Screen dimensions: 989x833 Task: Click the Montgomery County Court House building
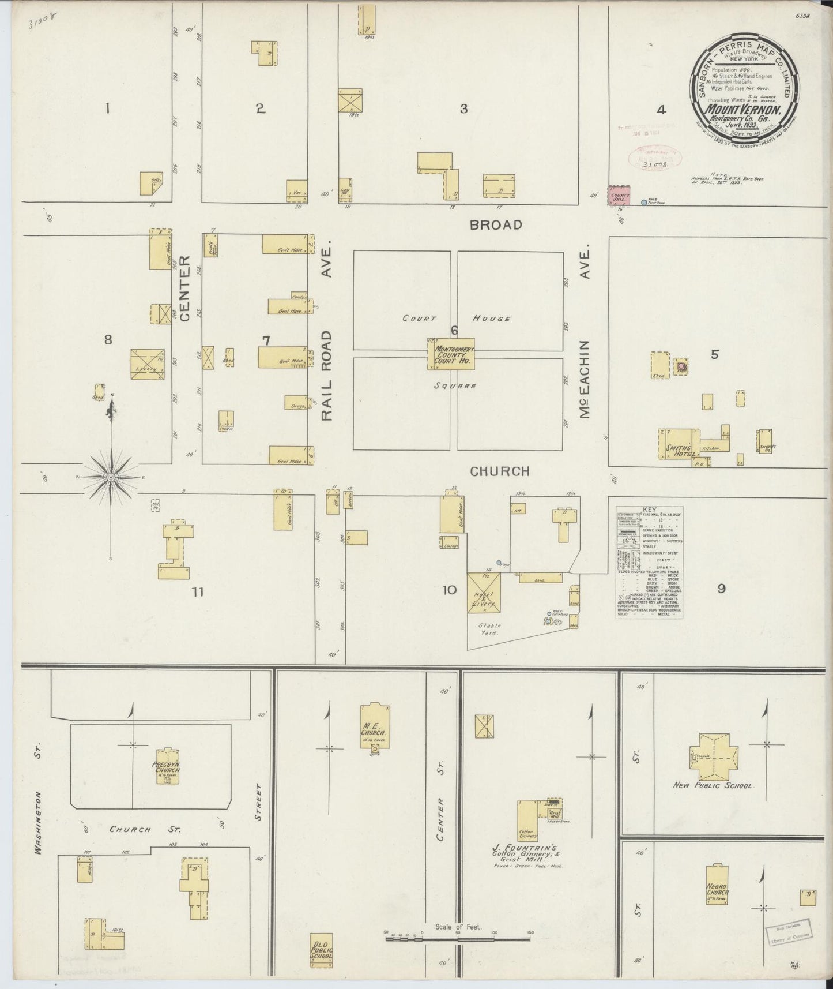pyautogui.click(x=451, y=354)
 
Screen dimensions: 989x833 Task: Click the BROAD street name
pyautogui.click(x=496, y=225)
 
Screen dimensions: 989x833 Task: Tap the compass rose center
pyautogui.click(x=111, y=478)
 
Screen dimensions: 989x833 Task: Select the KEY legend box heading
pyautogui.click(x=650, y=510)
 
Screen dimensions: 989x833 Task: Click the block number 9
pyautogui.click(x=721, y=589)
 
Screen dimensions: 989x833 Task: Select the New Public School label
pyautogui.click(x=714, y=785)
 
